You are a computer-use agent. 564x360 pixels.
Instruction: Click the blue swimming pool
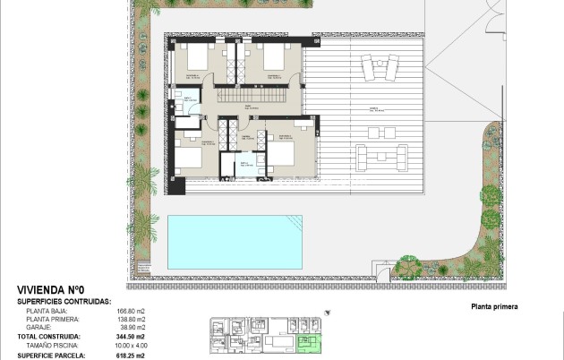(x=235, y=242)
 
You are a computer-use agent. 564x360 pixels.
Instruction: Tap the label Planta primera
(x=494, y=306)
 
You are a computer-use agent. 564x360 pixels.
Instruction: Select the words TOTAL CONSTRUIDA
(x=52, y=337)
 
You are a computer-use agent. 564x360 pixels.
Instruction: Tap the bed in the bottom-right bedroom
(x=280, y=153)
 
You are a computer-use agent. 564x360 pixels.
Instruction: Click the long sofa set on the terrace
(x=375, y=158)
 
